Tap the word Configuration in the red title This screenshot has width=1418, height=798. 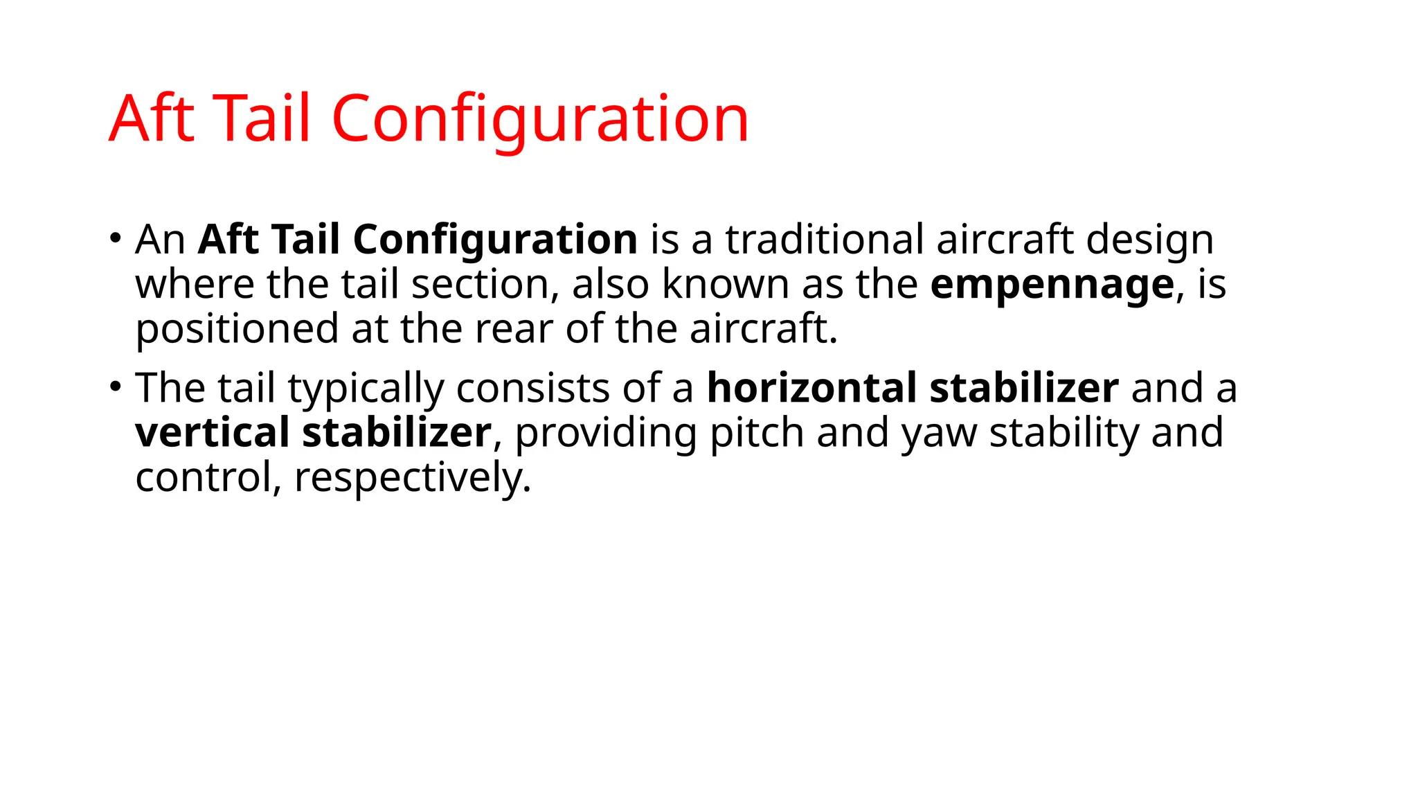coord(540,120)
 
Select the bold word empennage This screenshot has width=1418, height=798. coord(1052,285)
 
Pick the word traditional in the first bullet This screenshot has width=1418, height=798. coord(824,240)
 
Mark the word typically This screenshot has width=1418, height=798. coord(366,389)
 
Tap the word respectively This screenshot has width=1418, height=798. coord(413,479)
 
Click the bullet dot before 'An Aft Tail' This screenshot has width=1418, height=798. coord(115,238)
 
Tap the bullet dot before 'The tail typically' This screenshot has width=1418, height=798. coord(115,387)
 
